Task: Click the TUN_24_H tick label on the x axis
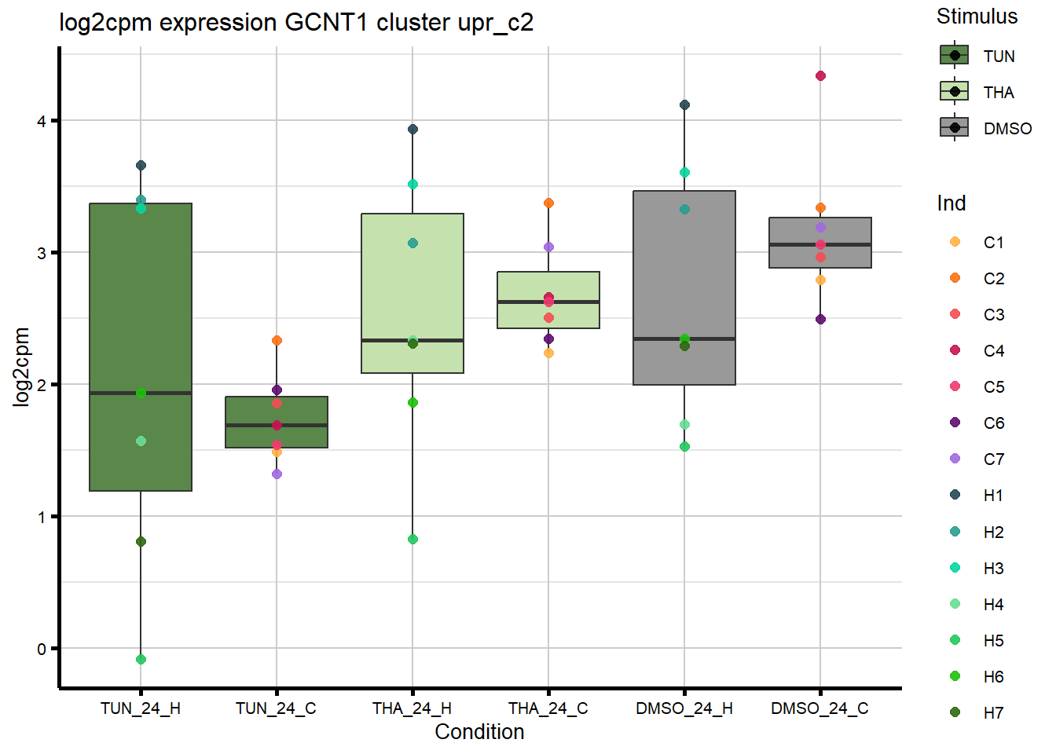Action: point(141,708)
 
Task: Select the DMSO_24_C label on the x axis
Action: point(819,708)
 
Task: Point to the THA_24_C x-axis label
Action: point(548,708)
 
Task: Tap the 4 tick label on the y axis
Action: point(42,121)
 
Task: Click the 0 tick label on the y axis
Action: point(42,649)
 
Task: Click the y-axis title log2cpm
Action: point(21,367)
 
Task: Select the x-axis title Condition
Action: point(479,732)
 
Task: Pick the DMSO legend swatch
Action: point(955,128)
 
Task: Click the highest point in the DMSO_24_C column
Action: point(820,76)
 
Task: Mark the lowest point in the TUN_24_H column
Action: point(141,660)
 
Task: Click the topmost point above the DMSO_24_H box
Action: point(684,105)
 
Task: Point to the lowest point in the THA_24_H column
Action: point(412,540)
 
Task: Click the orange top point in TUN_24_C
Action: point(277,341)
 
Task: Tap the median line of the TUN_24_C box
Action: point(277,425)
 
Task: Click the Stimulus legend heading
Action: point(977,16)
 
